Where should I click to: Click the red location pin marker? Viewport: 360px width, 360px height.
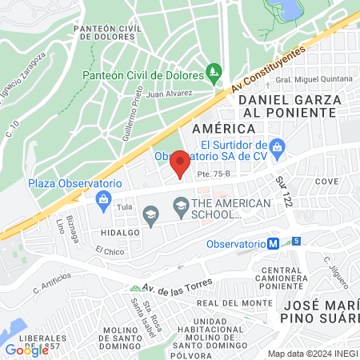tap(180, 163)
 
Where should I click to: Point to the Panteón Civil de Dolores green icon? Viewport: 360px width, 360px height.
tap(213, 75)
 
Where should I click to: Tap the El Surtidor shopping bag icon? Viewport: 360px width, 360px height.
tap(278, 146)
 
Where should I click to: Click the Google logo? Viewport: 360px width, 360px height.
tap(26, 349)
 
